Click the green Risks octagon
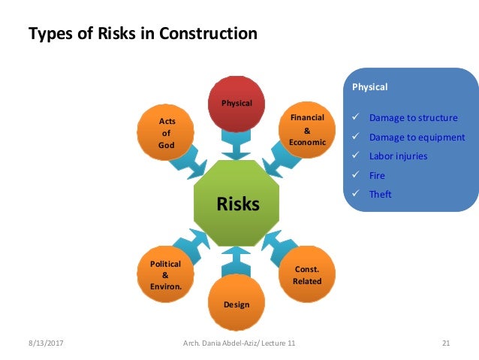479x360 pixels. [x=237, y=204]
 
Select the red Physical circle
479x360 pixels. [x=236, y=103]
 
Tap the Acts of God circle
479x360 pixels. [x=167, y=133]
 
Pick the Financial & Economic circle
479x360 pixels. [x=306, y=131]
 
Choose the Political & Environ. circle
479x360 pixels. [x=166, y=275]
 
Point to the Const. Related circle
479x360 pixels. [x=307, y=275]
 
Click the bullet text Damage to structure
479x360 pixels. [x=413, y=118]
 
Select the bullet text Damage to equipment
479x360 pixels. [x=417, y=138]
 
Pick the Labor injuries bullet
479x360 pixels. [x=398, y=156]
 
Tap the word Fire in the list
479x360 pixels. [x=377, y=175]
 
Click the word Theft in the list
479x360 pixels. [x=380, y=194]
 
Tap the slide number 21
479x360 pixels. [x=445, y=343]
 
